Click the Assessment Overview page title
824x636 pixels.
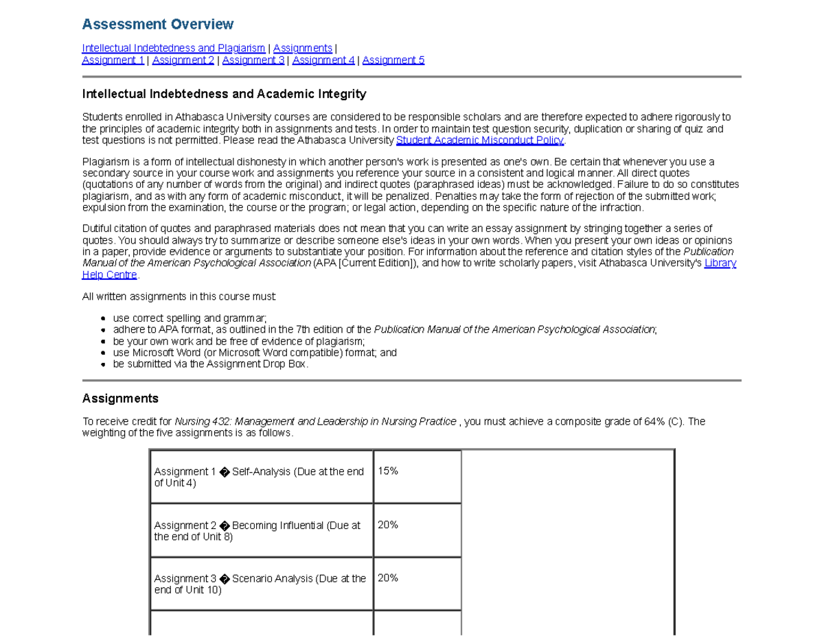(x=157, y=25)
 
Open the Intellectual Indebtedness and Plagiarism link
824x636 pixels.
(x=173, y=48)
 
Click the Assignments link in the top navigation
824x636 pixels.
(x=302, y=48)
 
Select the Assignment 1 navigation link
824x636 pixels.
(x=113, y=60)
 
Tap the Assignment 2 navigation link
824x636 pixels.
(x=183, y=60)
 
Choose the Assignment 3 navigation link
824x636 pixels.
(x=253, y=60)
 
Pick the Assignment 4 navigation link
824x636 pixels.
(x=323, y=60)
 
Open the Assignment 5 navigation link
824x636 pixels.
(x=393, y=60)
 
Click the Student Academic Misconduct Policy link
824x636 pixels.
(x=480, y=141)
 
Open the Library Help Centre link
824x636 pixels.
(x=110, y=274)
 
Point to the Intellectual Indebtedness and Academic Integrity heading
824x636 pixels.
(x=224, y=94)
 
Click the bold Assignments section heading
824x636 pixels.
(x=120, y=399)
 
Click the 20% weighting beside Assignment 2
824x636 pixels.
(x=388, y=525)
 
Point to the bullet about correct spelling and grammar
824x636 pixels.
(x=190, y=318)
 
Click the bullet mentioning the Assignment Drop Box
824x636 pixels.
(x=211, y=364)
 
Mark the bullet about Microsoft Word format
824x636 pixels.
(x=255, y=353)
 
